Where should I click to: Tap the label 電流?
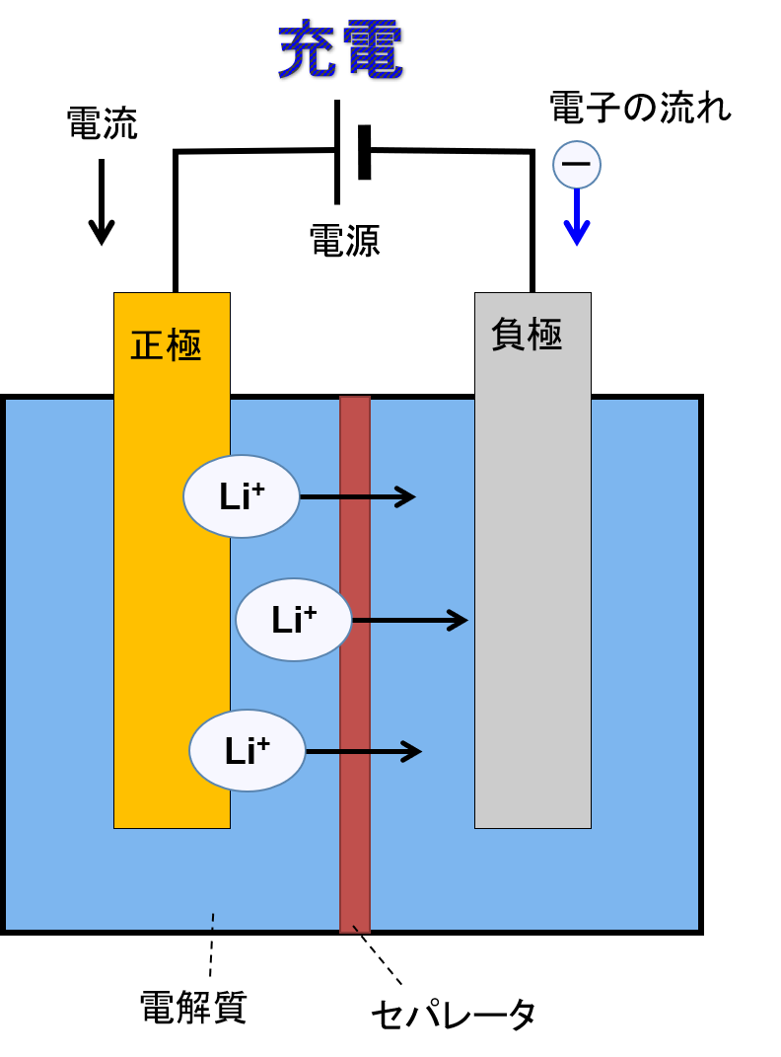pos(102,123)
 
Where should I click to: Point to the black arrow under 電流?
pos(102,202)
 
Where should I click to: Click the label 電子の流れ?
pos(640,108)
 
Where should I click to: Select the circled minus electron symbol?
pos(576,165)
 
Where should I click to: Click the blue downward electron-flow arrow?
pos(577,217)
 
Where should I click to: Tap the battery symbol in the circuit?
pos(352,152)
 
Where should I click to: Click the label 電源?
pos(345,241)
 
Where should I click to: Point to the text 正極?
pos(166,345)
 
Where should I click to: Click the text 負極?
pos(527,335)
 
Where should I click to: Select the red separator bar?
pos(355,664)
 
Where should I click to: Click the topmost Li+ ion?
pos(241,496)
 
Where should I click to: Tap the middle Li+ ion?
pos(294,620)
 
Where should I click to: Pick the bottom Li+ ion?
pos(248,750)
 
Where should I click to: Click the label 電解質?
pos(193,1008)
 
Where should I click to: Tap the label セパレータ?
pos(453,1015)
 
